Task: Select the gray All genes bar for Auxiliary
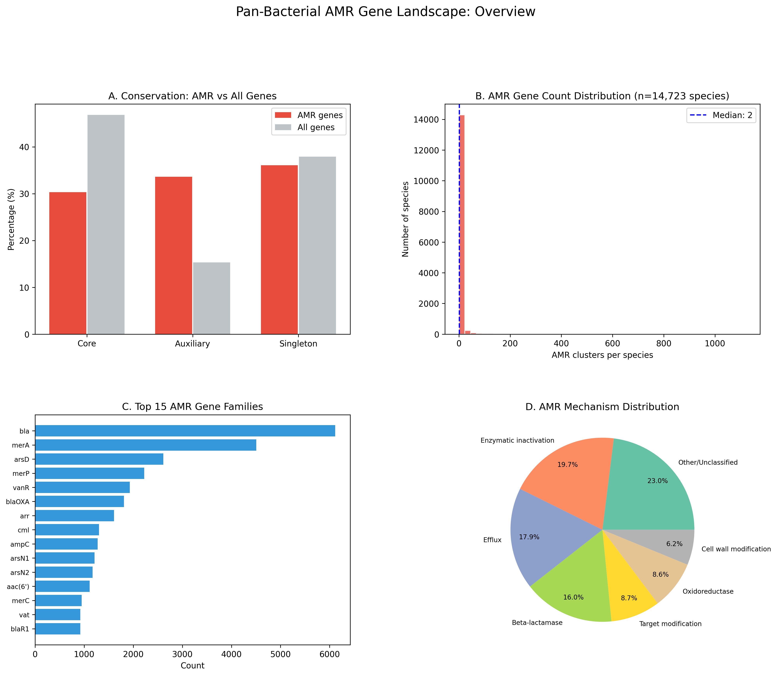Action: pos(211,298)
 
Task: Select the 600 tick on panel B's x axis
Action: pos(612,344)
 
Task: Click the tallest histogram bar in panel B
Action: pos(462,224)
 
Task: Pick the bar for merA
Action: pos(145,445)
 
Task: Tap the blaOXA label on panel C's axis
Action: pos(18,502)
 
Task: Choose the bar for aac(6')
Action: pos(62,587)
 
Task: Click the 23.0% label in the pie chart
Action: pos(658,481)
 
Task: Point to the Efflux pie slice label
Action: pos(492,540)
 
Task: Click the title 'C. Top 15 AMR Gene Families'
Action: pos(193,407)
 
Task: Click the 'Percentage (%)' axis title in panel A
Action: pos(11,219)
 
